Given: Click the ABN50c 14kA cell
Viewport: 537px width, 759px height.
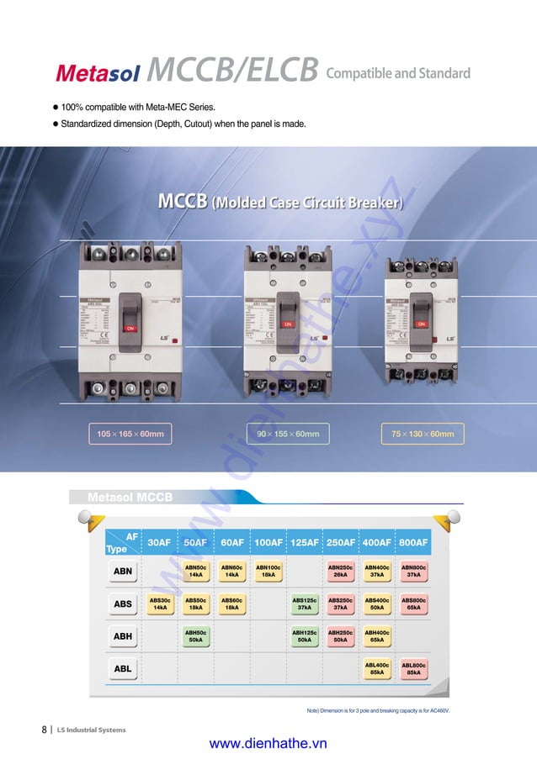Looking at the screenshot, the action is [196, 572].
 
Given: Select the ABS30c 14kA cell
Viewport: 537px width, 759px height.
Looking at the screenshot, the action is [159, 604].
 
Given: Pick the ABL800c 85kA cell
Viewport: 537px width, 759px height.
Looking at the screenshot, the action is [413, 668].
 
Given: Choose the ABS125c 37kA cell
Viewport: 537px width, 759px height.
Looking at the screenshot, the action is [305, 604].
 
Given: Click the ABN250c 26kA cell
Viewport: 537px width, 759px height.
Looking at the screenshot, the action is [340, 572].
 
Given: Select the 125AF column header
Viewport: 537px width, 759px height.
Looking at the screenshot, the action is [305, 542].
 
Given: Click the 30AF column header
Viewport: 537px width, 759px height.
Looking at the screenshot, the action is [159, 542].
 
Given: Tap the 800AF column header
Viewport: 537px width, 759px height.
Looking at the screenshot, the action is [413, 542].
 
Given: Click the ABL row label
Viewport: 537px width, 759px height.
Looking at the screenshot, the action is [123, 668].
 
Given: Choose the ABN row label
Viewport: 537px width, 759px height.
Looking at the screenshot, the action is [123, 572].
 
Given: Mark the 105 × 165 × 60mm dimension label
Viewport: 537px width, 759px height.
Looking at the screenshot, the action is [130, 434].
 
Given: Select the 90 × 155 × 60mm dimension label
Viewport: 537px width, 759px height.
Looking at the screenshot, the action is [288, 434].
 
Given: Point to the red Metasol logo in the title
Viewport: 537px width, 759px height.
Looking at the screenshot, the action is [98, 73].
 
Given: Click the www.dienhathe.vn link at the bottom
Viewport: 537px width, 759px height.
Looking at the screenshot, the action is [268, 743].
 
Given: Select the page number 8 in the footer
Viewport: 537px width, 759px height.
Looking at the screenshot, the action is [44, 730].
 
